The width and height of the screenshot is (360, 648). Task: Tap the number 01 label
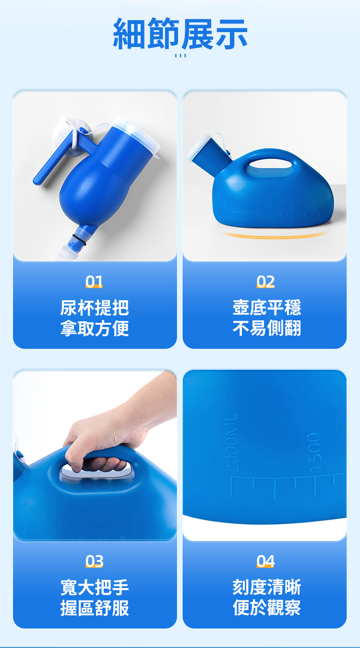pos(94,282)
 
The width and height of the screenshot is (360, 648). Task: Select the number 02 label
pos(265,282)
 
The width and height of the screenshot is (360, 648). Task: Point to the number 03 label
pos(94,561)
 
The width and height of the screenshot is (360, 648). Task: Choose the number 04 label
pos(265,561)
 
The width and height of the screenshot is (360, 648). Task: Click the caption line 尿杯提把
pos(95,308)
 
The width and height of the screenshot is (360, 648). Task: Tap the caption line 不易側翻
pos(267,328)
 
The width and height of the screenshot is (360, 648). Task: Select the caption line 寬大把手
pos(95,588)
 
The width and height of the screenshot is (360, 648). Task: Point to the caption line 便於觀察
pos(267,608)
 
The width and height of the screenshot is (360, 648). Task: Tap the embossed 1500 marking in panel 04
pos(314,452)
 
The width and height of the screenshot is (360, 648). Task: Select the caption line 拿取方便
pos(95,328)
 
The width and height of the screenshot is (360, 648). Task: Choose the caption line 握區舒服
pos(95,608)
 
